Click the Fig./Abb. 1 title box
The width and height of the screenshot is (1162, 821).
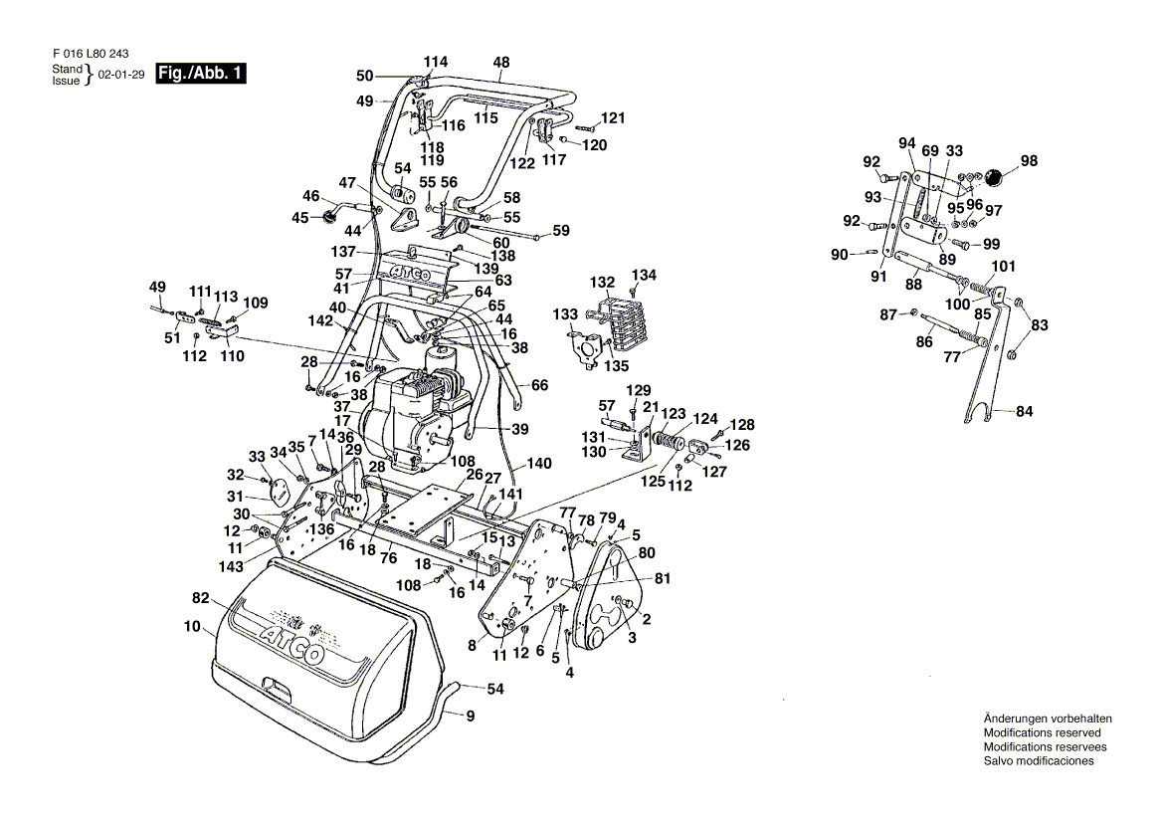200,74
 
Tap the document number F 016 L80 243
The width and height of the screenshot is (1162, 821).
91,54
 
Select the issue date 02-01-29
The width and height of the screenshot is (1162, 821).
120,75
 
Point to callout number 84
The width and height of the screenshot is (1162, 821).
1024,411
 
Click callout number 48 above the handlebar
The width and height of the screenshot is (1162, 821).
501,63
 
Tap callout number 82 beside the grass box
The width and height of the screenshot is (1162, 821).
200,599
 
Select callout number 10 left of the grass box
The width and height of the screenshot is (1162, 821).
192,627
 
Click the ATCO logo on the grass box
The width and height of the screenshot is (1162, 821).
291,643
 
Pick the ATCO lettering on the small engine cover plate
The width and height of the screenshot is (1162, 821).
410,273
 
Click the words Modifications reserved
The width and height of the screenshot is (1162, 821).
1042,732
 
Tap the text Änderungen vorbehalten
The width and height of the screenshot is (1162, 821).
1048,718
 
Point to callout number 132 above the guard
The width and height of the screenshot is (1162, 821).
603,283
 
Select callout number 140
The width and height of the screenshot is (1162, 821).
539,464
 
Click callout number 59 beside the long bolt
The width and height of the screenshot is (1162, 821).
561,231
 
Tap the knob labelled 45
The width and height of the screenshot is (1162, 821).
326,217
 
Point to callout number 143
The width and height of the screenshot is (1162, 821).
231,567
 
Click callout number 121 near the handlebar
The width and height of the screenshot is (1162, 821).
613,118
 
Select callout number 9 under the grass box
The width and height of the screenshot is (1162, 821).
470,717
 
